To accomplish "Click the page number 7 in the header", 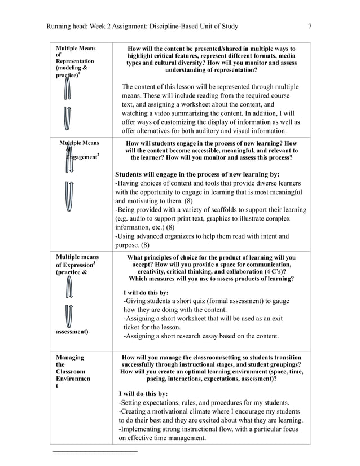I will (310, 26).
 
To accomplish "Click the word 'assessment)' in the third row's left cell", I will (72, 332).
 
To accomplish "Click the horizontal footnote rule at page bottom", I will (95, 452).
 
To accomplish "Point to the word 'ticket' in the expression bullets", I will (133, 327).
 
